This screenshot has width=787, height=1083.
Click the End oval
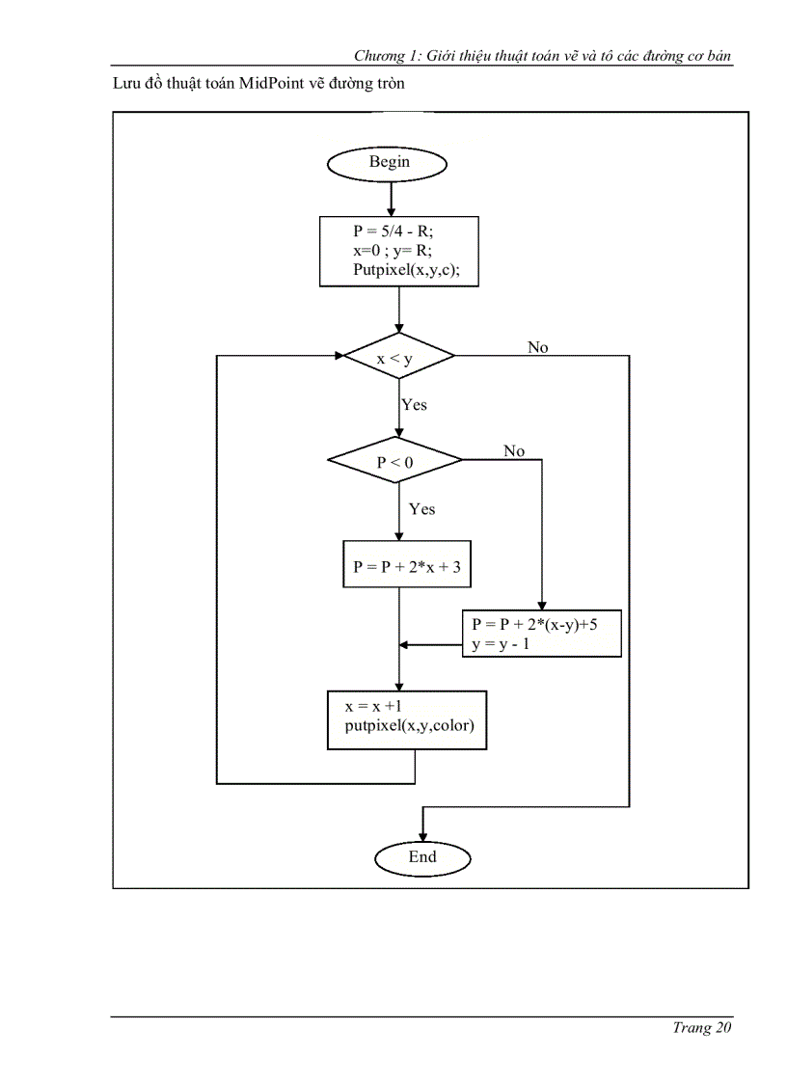click(421, 856)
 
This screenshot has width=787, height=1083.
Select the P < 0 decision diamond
click(395, 462)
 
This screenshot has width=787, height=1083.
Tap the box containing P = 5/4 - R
click(399, 250)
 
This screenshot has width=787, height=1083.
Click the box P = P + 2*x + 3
click(407, 567)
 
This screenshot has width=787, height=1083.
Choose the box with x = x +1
click(407, 719)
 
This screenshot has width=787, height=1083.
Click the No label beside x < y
click(538, 347)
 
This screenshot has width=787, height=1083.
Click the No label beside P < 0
click(514, 450)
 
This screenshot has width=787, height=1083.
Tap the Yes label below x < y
click(414, 405)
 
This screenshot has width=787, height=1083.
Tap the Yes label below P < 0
click(421, 508)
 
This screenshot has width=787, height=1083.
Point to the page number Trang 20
click(702, 1027)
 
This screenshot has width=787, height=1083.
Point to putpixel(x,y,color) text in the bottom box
click(410, 726)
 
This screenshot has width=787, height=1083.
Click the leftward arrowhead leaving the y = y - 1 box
click(406, 646)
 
